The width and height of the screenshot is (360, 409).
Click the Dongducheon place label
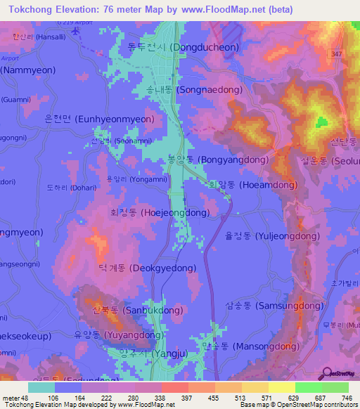point(182,48)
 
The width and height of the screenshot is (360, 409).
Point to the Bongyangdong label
point(218,160)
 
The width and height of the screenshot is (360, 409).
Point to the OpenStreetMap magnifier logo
point(326,373)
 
